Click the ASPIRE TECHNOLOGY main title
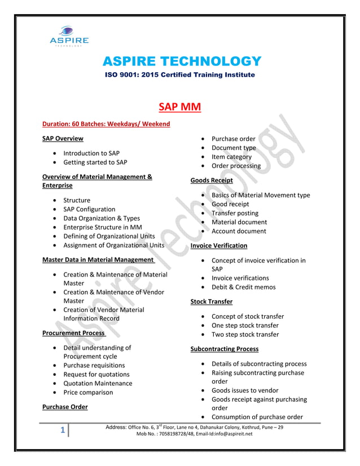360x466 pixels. [180, 61]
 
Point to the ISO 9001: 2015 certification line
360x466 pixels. [180, 75]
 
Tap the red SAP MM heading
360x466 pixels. [179, 107]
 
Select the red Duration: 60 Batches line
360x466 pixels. [106, 124]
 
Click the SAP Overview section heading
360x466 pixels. [63, 139]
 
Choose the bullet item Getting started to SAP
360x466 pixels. [95, 162]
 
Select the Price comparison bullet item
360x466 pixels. [88, 393]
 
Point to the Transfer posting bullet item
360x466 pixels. [235, 213]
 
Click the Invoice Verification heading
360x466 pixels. [219, 246]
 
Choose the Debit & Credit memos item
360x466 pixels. [243, 287]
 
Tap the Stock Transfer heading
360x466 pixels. [212, 302]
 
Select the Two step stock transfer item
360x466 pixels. [245, 335]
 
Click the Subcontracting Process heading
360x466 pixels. [225, 349]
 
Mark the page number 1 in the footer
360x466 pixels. [64, 430]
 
